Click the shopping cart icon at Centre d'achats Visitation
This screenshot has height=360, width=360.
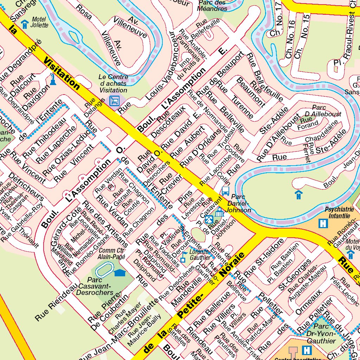pyautogui.click(x=114, y=101)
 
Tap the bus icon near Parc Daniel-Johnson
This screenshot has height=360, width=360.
pyautogui.click(x=225, y=191)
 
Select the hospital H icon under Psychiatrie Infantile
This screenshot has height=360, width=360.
pyautogui.click(x=322, y=223)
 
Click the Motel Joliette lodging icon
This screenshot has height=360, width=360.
pyautogui.click(x=25, y=24)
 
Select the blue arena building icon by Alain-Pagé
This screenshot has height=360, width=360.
pyautogui.click(x=120, y=272)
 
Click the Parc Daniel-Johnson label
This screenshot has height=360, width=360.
pyautogui.click(x=238, y=203)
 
